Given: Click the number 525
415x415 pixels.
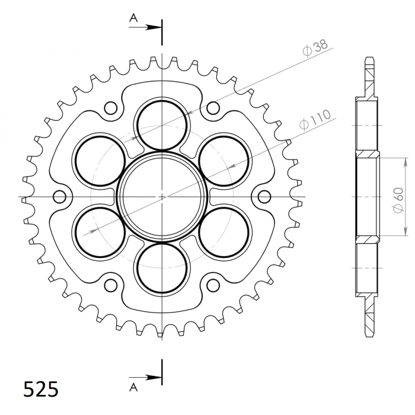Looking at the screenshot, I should tap(40, 389).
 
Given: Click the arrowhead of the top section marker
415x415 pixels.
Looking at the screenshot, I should tap(155, 27).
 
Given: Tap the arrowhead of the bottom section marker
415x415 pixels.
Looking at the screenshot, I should tap(155, 377).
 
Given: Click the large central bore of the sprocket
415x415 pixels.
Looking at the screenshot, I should tap(162, 196).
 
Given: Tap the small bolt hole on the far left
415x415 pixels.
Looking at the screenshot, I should tap(59, 196).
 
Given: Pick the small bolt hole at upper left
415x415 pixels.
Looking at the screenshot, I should tap(110, 108).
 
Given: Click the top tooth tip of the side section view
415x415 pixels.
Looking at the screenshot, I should tap(369, 60).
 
